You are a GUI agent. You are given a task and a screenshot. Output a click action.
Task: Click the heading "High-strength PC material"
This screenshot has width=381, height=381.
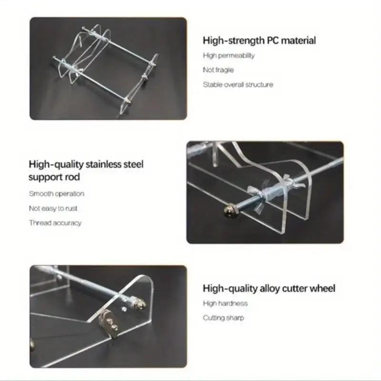(259, 40)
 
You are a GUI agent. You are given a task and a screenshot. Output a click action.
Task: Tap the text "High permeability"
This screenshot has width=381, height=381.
(229, 55)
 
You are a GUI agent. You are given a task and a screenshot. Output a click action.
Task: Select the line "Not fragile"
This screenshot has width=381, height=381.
(218, 70)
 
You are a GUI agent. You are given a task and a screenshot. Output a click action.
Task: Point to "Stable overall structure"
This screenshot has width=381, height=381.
(238, 85)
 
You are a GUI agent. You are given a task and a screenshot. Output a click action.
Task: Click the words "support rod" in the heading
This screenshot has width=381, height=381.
(54, 177)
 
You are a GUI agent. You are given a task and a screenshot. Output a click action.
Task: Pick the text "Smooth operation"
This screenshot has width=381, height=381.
(56, 194)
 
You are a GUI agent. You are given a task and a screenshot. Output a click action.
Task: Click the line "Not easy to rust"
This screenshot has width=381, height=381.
(53, 208)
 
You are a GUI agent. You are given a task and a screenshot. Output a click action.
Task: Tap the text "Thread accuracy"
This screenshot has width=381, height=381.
(55, 223)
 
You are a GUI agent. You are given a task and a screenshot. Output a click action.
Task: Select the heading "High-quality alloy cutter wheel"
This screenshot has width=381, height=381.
(269, 288)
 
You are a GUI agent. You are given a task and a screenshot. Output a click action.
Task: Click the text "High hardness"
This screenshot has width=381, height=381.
(225, 303)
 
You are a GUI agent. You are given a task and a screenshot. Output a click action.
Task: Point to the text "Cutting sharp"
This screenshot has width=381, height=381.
(223, 318)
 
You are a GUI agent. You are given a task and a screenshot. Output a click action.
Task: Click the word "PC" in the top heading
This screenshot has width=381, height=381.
(272, 40)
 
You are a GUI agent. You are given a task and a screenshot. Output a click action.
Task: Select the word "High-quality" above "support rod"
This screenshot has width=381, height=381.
(56, 165)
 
